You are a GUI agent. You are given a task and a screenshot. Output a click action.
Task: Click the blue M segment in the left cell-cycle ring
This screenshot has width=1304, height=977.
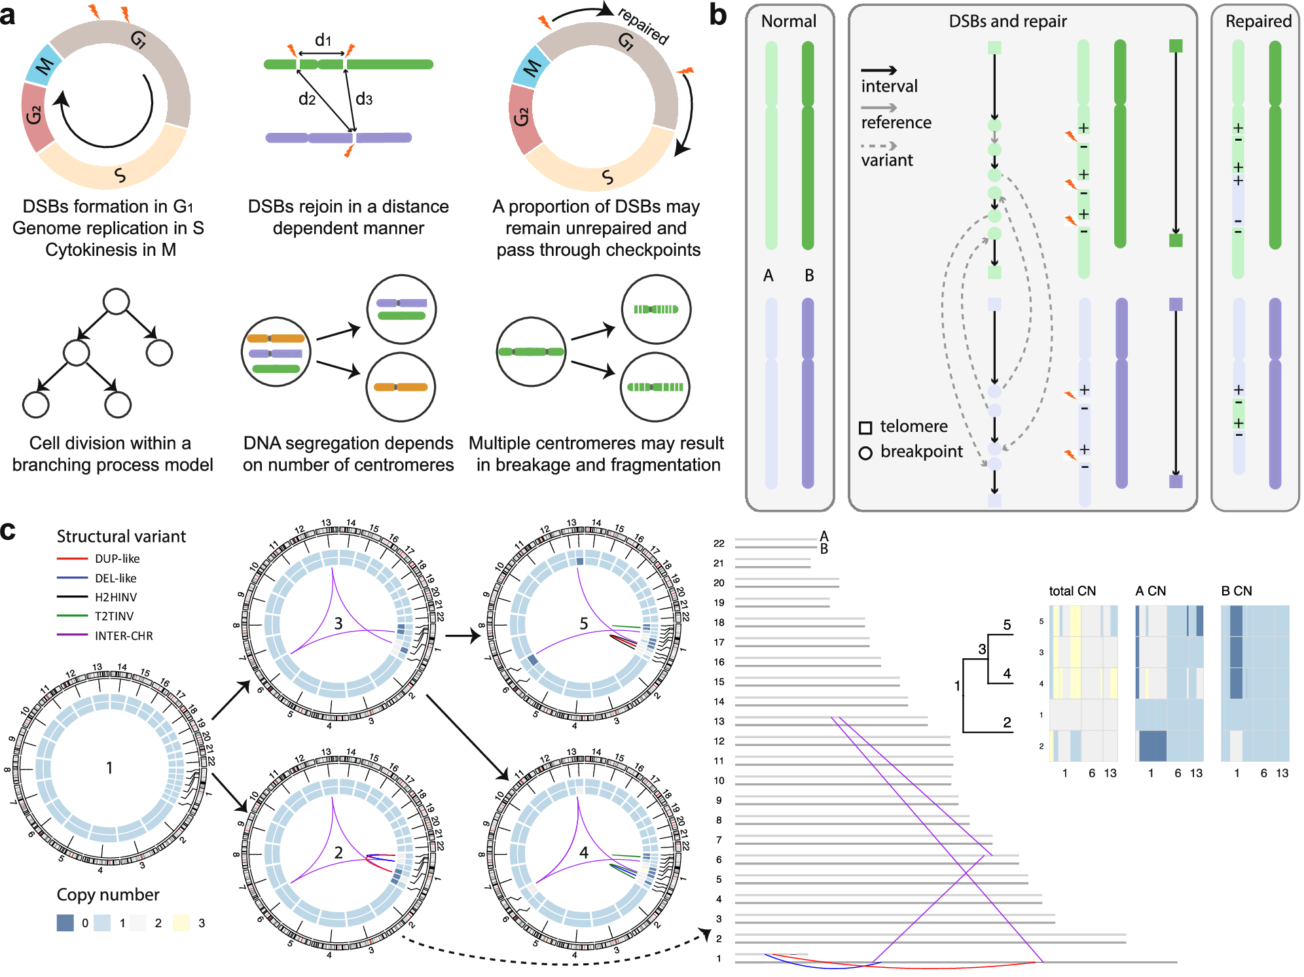click(43, 65)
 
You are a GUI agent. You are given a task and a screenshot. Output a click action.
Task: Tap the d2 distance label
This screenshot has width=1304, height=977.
click(306, 99)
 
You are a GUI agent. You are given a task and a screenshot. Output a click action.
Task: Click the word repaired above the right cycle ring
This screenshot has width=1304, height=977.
click(643, 26)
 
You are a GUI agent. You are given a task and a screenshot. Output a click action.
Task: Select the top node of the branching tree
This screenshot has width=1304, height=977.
click(116, 301)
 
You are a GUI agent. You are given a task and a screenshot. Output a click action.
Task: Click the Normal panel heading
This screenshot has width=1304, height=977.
click(788, 21)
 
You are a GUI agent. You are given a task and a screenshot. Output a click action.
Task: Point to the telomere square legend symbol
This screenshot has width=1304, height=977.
click(865, 428)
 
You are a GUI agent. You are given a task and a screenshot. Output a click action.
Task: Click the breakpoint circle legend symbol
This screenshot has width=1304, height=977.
click(865, 453)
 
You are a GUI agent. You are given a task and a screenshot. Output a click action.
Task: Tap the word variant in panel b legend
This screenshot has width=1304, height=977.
click(886, 160)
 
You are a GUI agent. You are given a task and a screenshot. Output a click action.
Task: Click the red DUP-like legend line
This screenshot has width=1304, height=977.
click(72, 559)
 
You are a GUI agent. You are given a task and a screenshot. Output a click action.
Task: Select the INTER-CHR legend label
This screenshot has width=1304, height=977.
click(124, 636)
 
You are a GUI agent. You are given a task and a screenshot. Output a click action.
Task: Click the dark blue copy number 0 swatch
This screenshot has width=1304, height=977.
click(65, 923)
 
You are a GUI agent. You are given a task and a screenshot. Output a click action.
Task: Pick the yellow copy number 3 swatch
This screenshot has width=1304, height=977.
click(181, 923)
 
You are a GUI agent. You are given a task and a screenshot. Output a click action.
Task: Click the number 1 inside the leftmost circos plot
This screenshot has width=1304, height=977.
click(109, 768)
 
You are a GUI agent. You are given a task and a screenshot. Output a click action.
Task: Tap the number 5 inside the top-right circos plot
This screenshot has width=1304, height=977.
click(583, 624)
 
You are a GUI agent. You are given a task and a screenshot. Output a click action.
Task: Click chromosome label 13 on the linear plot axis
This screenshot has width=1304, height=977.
click(719, 721)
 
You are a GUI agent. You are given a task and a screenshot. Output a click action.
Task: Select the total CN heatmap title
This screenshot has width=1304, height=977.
click(1072, 591)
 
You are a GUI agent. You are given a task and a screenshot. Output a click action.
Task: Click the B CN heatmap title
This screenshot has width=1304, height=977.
click(1236, 591)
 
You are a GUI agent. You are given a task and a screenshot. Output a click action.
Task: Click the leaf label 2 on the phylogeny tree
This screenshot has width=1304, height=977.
click(1007, 722)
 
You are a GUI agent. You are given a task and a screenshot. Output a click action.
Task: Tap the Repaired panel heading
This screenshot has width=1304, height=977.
click(1258, 21)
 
